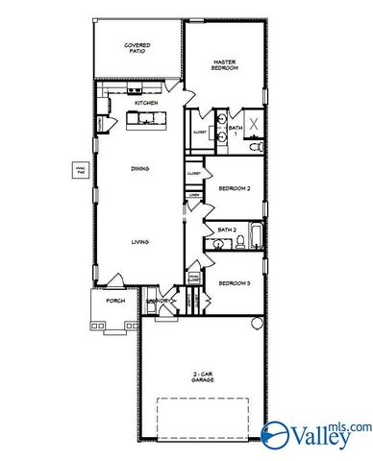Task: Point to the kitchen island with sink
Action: coord(146,119)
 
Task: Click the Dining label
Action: coord(139,169)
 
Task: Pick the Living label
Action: coord(139,241)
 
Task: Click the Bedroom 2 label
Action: coord(234,188)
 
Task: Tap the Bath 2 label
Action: coord(227,230)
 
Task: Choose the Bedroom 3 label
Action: coord(234,283)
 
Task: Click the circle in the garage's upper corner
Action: coord(254,322)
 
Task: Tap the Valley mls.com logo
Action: coord(317,433)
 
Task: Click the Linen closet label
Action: coord(194,195)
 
